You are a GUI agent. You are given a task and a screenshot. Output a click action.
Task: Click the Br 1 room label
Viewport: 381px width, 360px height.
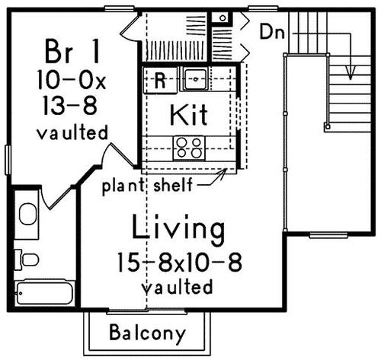pyautogui.click(x=72, y=52)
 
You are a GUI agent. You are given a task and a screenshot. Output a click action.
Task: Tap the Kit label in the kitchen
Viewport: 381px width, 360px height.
pyautogui.click(x=189, y=115)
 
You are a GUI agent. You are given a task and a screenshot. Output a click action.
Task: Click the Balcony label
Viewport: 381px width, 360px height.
pyautogui.click(x=147, y=333)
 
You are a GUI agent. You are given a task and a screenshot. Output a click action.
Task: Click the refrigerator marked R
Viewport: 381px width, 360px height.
pyautogui.click(x=160, y=80)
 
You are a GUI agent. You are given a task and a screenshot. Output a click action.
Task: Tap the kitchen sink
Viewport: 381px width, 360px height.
pyautogui.click(x=195, y=79)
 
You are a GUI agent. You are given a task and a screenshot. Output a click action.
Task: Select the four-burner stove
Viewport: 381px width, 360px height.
pyautogui.click(x=189, y=148)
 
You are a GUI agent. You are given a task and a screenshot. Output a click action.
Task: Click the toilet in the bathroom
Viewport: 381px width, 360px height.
pyautogui.click(x=27, y=260)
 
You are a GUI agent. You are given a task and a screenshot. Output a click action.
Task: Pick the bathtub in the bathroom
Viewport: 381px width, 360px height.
pyautogui.click(x=44, y=293)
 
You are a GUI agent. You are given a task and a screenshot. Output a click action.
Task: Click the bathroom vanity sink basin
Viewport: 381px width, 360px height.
pyautogui.click(x=27, y=214)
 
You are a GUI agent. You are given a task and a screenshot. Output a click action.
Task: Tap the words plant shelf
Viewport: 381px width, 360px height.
pyautogui.click(x=147, y=186)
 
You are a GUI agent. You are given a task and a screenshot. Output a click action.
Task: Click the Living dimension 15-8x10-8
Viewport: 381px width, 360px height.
pyautogui.click(x=180, y=263)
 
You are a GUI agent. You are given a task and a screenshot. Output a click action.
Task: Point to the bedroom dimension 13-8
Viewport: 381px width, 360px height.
pyautogui.click(x=70, y=106)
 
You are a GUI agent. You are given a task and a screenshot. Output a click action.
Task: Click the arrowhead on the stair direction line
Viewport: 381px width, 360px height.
pyautogui.click(x=351, y=73)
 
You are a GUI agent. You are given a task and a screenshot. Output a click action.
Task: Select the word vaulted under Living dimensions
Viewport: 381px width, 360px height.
pyautogui.click(x=177, y=287)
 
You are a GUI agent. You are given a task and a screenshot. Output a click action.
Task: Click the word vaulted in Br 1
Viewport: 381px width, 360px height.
pyautogui.click(x=72, y=132)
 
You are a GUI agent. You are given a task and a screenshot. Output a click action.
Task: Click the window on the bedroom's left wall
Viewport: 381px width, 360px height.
pyautogui.click(x=8, y=160)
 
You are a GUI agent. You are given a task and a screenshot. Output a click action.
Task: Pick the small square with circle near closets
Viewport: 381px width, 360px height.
pyautogui.click(x=223, y=18)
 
